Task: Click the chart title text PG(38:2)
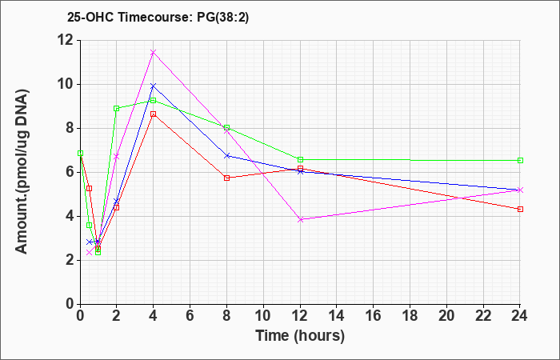223,18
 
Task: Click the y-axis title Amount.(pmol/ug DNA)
22,172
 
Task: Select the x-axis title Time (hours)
300,336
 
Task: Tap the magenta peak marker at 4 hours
154,53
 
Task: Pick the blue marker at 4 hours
154,86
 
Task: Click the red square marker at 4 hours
154,114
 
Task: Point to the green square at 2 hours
117,108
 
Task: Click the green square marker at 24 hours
520,160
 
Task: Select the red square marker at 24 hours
520,210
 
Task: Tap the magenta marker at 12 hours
300,220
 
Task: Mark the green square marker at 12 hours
300,160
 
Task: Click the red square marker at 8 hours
226,178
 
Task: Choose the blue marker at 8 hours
226,156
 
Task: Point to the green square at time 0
80,154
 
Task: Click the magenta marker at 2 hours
117,157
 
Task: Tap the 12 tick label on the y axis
66,40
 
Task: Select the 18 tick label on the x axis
410,316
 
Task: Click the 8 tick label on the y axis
70,128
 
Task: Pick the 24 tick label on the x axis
520,316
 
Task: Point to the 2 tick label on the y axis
70,260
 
